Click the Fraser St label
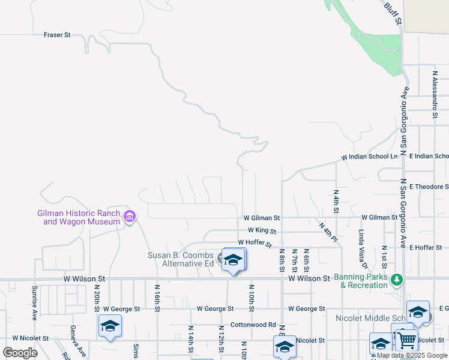(x=57, y=35)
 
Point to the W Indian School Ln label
(x=370, y=157)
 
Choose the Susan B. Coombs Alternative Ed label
(x=181, y=259)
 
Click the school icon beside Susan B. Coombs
(x=233, y=260)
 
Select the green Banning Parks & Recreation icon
(x=396, y=280)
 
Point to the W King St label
(x=261, y=230)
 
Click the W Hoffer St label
(x=255, y=242)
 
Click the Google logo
(x=20, y=353)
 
